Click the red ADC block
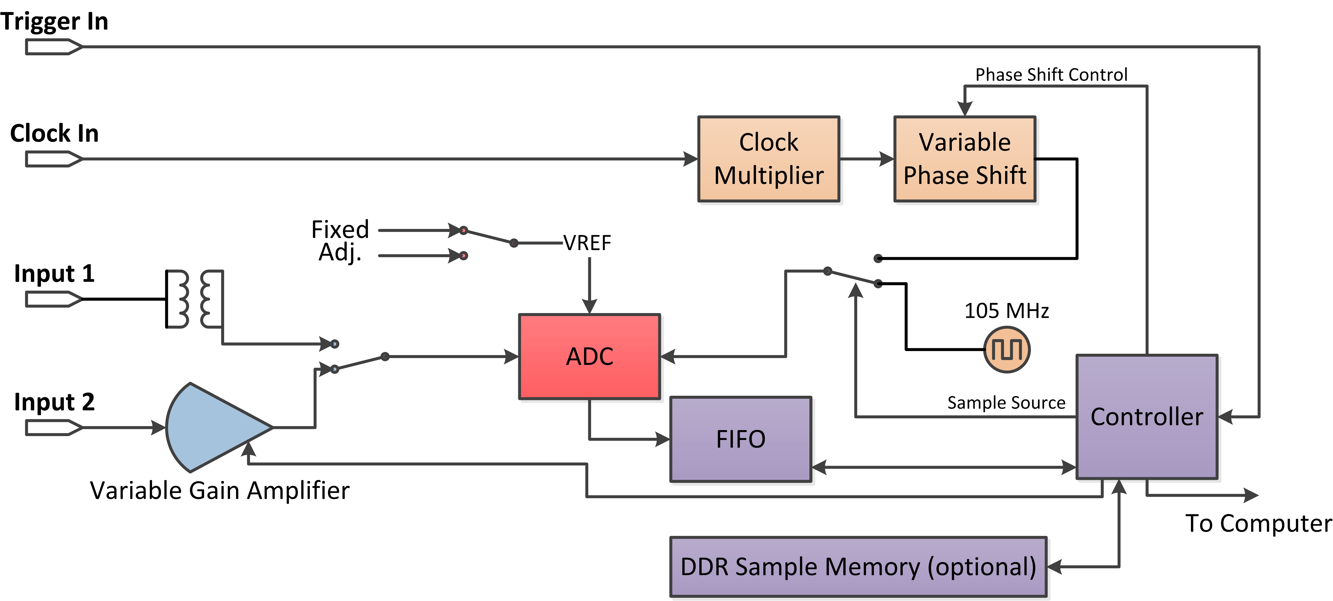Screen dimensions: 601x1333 589,356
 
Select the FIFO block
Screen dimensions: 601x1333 741,439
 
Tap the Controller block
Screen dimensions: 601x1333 1147,417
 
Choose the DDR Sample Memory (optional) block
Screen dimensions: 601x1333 858,567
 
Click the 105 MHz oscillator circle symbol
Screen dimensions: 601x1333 1006,349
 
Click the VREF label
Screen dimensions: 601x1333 587,243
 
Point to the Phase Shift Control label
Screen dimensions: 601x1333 1051,75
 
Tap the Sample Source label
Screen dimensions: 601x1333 1006,403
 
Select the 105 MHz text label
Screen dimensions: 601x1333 1006,311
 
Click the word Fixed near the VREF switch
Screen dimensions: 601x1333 340,229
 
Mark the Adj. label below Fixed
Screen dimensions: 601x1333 339,253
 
